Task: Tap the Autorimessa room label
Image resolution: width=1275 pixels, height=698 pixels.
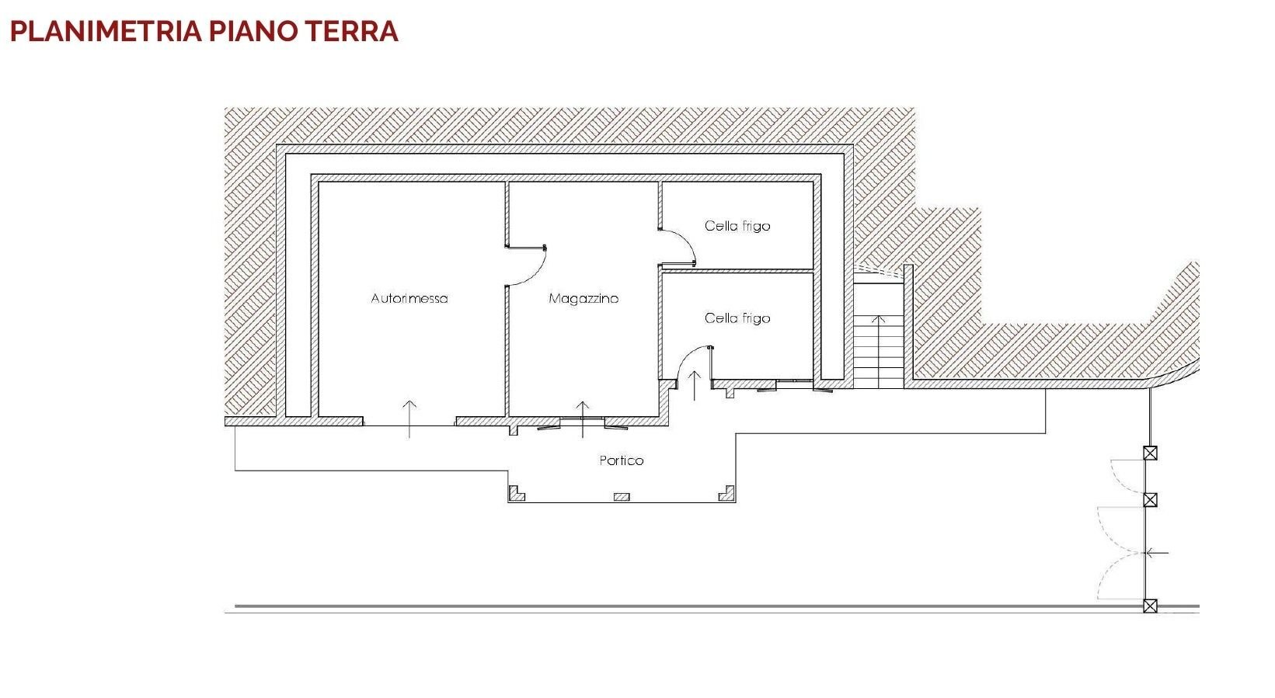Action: (409, 298)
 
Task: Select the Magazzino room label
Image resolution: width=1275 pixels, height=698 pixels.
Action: (584, 298)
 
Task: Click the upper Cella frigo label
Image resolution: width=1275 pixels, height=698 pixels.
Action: (737, 226)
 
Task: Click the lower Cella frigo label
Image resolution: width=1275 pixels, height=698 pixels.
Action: (737, 318)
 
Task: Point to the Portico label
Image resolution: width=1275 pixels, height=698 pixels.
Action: (622, 460)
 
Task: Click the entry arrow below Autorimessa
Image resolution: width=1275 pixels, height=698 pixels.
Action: (409, 418)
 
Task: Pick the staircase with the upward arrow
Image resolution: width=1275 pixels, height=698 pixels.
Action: (879, 349)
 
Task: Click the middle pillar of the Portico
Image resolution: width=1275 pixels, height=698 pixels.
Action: (622, 497)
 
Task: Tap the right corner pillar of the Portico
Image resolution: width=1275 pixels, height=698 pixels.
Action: (726, 494)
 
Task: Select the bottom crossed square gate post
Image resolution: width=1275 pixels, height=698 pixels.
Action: (1150, 606)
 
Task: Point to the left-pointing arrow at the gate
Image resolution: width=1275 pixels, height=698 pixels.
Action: (1158, 553)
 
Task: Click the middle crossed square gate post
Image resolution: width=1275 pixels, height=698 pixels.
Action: (1150, 500)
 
